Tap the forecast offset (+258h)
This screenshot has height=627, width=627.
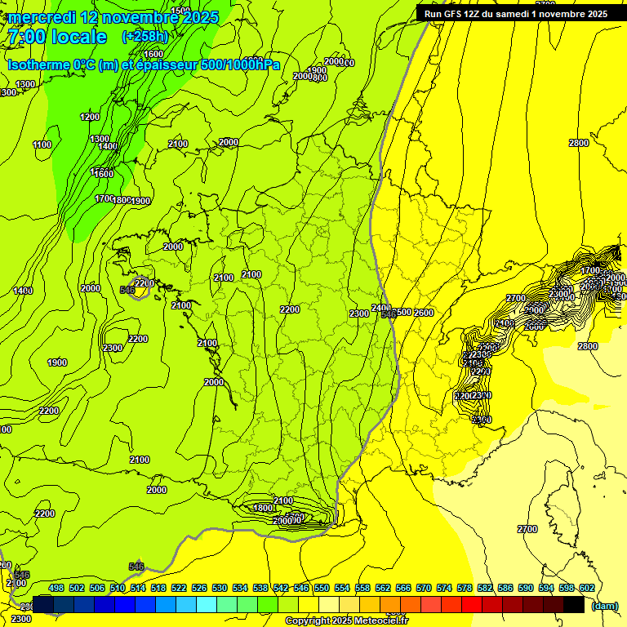click(145, 37)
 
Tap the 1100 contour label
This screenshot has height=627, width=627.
click(42, 145)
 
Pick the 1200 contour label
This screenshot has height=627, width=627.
click(90, 117)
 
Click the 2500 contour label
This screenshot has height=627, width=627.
click(402, 313)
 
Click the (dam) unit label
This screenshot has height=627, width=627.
click(604, 606)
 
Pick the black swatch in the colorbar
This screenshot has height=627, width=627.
click(573, 603)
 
